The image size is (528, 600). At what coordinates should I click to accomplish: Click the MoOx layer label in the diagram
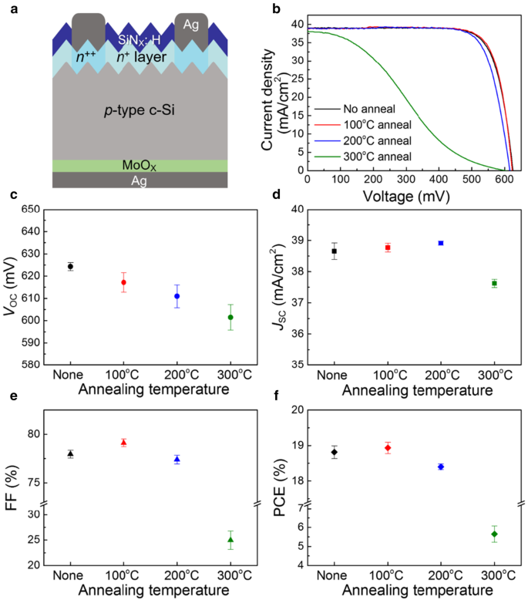click(x=141, y=166)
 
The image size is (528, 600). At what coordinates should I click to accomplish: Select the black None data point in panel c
click(x=70, y=266)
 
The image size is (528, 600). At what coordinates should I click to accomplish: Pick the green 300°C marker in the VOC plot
click(x=230, y=317)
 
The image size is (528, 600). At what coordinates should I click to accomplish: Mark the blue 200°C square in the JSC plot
click(x=440, y=243)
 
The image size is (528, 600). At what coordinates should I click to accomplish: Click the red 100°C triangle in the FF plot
click(x=123, y=442)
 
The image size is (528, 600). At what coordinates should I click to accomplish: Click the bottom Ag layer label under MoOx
click(x=141, y=180)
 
